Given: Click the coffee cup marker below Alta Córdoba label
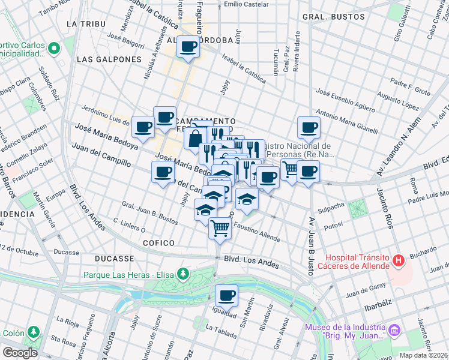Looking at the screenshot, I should coord(188,46).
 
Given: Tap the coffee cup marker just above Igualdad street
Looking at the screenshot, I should coord(226,295).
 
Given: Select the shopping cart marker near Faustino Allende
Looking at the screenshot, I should coord(220,228).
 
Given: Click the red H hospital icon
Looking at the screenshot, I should coord(397,260).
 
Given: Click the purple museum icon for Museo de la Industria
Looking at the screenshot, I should coord(394,331).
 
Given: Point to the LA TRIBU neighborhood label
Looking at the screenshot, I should coord(86,24).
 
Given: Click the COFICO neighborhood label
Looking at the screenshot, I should coord(158,243).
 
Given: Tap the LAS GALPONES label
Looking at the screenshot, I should coord(109,60).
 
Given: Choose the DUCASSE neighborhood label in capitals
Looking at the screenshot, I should coord(114,259).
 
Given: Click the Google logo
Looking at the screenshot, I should coord(20,353).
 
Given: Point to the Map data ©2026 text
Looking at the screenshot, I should coord(423,355).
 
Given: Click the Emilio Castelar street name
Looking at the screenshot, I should coord(246,4).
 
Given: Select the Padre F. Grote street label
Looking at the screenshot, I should coord(410,88).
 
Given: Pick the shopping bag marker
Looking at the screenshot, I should coord(195,139).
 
